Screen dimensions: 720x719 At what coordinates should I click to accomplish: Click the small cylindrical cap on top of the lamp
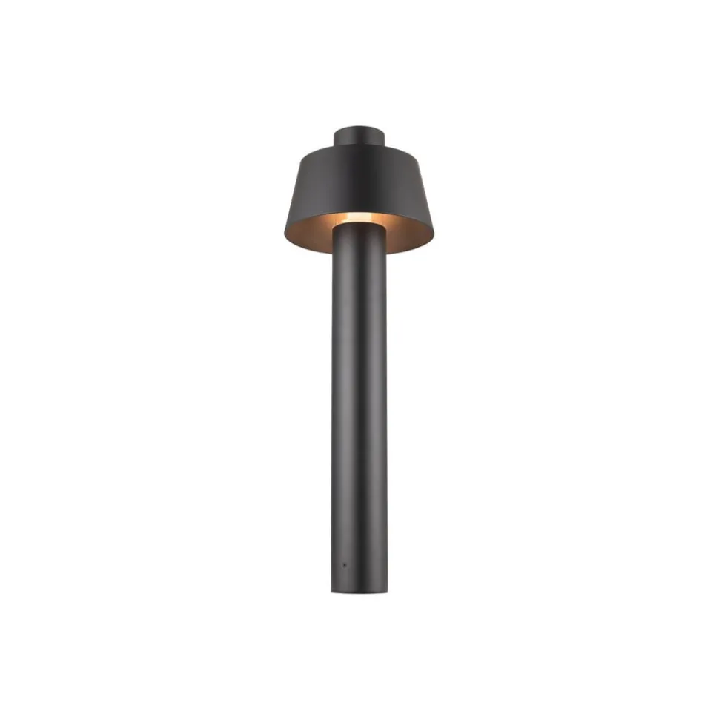tap(359, 136)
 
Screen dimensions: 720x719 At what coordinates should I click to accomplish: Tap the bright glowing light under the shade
tap(359, 218)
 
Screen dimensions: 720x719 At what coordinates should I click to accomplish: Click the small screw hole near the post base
tap(344, 564)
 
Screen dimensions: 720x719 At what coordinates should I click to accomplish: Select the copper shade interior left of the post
tap(311, 236)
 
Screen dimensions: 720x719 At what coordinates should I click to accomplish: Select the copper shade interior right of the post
tap(408, 236)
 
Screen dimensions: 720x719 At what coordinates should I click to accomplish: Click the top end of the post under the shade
tap(359, 227)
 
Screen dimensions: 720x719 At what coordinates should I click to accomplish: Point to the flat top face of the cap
tap(359, 128)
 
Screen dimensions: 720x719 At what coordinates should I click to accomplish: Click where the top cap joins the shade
tap(359, 146)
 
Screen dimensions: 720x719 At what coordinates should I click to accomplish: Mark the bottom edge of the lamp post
tap(359, 593)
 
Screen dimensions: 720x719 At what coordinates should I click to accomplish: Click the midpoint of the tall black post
tap(359, 408)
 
